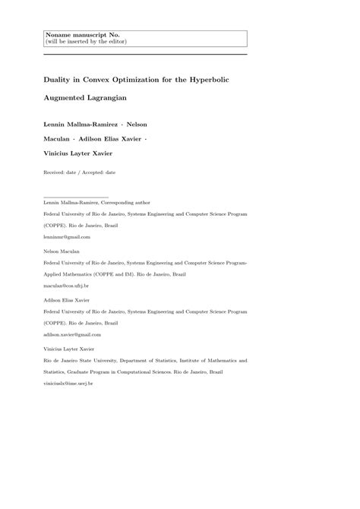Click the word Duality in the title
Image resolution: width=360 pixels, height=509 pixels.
pyautogui.click(x=61, y=79)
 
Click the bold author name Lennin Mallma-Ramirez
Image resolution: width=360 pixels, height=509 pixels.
pyautogui.click(x=84, y=123)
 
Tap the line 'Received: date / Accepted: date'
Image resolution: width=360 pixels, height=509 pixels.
pyautogui.click(x=80, y=172)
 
